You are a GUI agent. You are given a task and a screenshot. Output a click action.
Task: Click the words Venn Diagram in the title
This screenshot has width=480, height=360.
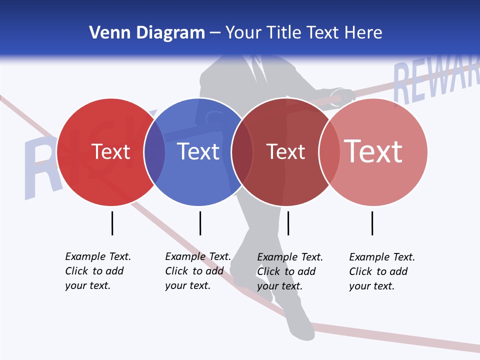147,32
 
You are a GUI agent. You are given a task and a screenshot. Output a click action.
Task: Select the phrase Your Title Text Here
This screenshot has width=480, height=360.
303,32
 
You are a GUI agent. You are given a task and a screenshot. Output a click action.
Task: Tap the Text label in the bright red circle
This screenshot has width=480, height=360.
110,151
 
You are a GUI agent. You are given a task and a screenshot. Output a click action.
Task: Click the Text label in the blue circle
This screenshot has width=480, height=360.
198,151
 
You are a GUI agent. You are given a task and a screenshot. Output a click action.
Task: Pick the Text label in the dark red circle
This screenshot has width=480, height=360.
285,151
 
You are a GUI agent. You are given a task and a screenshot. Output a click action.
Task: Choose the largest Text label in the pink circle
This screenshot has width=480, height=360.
373,151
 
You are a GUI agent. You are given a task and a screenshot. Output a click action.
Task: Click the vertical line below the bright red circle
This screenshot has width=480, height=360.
112,223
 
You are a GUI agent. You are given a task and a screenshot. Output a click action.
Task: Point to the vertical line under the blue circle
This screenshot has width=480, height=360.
200,223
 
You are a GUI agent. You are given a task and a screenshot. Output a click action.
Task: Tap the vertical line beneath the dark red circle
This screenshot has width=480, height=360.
288,223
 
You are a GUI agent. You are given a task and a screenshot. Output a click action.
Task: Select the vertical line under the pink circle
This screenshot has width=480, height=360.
372,223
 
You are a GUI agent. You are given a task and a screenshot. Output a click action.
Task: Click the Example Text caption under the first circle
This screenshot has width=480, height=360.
98,271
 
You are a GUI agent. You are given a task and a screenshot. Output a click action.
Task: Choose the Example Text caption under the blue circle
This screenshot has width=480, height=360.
198,271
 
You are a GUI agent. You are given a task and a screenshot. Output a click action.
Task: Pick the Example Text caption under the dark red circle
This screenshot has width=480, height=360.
290,271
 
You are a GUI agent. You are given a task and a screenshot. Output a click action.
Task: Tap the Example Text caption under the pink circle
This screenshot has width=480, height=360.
382,271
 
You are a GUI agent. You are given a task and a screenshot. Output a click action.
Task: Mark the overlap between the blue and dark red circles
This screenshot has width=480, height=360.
242,152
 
